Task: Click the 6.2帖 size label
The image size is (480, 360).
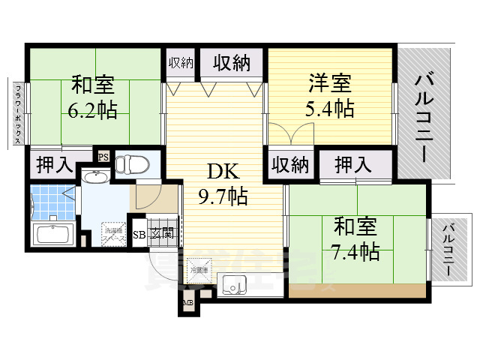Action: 92,111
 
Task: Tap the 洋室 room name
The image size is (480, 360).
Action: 329,82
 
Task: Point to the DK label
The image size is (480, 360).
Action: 223,172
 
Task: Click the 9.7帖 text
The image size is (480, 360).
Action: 223,197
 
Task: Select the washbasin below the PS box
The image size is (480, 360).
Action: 95,178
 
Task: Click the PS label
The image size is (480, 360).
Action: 103,157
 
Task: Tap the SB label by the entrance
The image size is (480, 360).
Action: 139,234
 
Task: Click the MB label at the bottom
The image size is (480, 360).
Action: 187,304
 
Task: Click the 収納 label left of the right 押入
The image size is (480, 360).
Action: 290,165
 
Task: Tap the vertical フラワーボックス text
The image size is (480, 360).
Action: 17,114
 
